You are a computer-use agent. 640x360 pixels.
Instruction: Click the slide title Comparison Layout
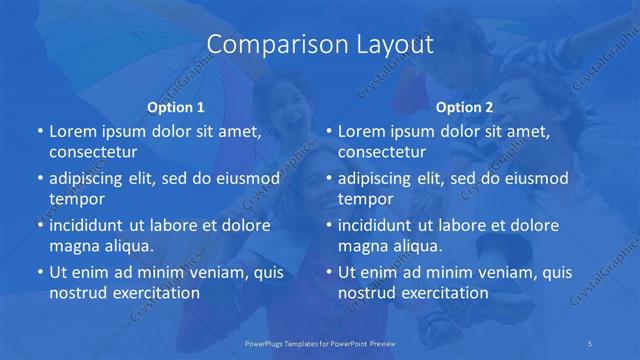[x=320, y=45]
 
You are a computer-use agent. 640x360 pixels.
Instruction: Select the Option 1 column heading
[x=176, y=107]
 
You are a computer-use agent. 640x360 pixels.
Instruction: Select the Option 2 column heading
[x=465, y=107]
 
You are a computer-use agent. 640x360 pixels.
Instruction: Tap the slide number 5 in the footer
[x=591, y=342]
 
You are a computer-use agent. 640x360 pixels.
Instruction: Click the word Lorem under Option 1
[x=72, y=131]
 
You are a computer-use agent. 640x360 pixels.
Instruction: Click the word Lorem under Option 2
[x=361, y=131]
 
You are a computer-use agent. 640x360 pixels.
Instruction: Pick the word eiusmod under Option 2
[x=532, y=179]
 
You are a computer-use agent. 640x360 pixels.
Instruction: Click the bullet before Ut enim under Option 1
[x=39, y=273]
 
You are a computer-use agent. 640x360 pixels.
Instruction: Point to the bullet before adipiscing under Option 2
[x=328, y=179]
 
